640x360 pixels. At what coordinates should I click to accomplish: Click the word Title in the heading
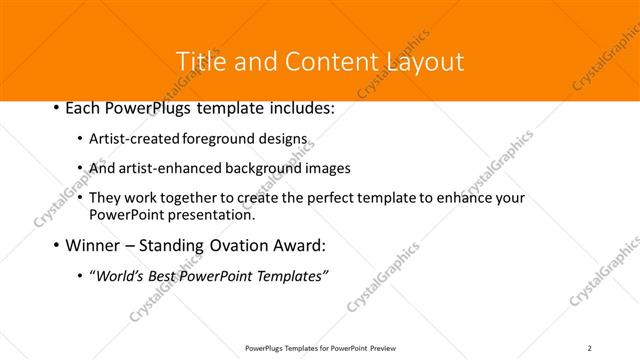[200, 61]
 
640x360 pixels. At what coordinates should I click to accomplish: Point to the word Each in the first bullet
[84, 108]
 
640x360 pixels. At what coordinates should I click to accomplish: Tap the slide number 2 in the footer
[590, 348]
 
